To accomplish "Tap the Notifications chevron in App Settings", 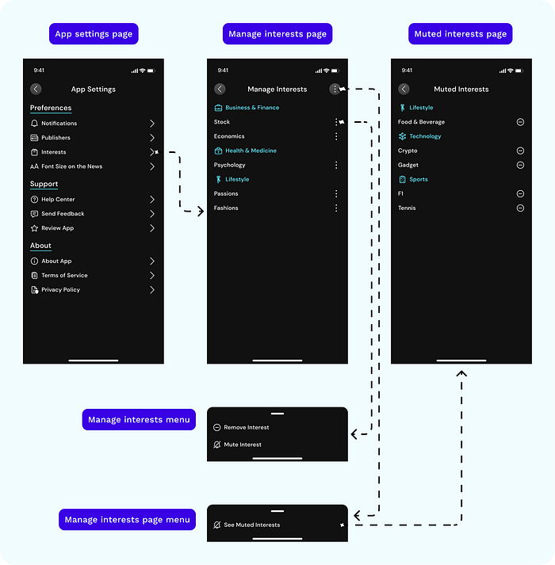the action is (152, 124).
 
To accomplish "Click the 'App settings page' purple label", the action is (94, 34).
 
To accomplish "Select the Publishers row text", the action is (56, 138).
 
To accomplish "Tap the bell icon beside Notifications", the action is (34, 124).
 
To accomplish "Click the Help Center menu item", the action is (58, 199).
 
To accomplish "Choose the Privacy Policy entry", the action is (60, 290).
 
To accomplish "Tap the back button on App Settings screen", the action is (36, 89).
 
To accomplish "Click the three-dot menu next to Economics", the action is (336, 136).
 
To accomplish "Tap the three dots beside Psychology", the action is (336, 165).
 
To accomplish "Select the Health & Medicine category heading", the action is (251, 151).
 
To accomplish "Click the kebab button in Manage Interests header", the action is (335, 89).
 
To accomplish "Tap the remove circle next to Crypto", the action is (520, 151).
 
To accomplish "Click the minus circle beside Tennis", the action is (520, 208).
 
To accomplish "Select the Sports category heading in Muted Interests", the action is (419, 179).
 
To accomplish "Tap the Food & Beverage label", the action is (421, 122).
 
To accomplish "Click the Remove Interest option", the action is (247, 427).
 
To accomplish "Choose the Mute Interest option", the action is (243, 445).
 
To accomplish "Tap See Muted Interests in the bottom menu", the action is (251, 525).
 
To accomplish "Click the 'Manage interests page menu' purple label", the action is (128, 520).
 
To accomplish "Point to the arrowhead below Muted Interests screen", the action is (461, 373).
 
